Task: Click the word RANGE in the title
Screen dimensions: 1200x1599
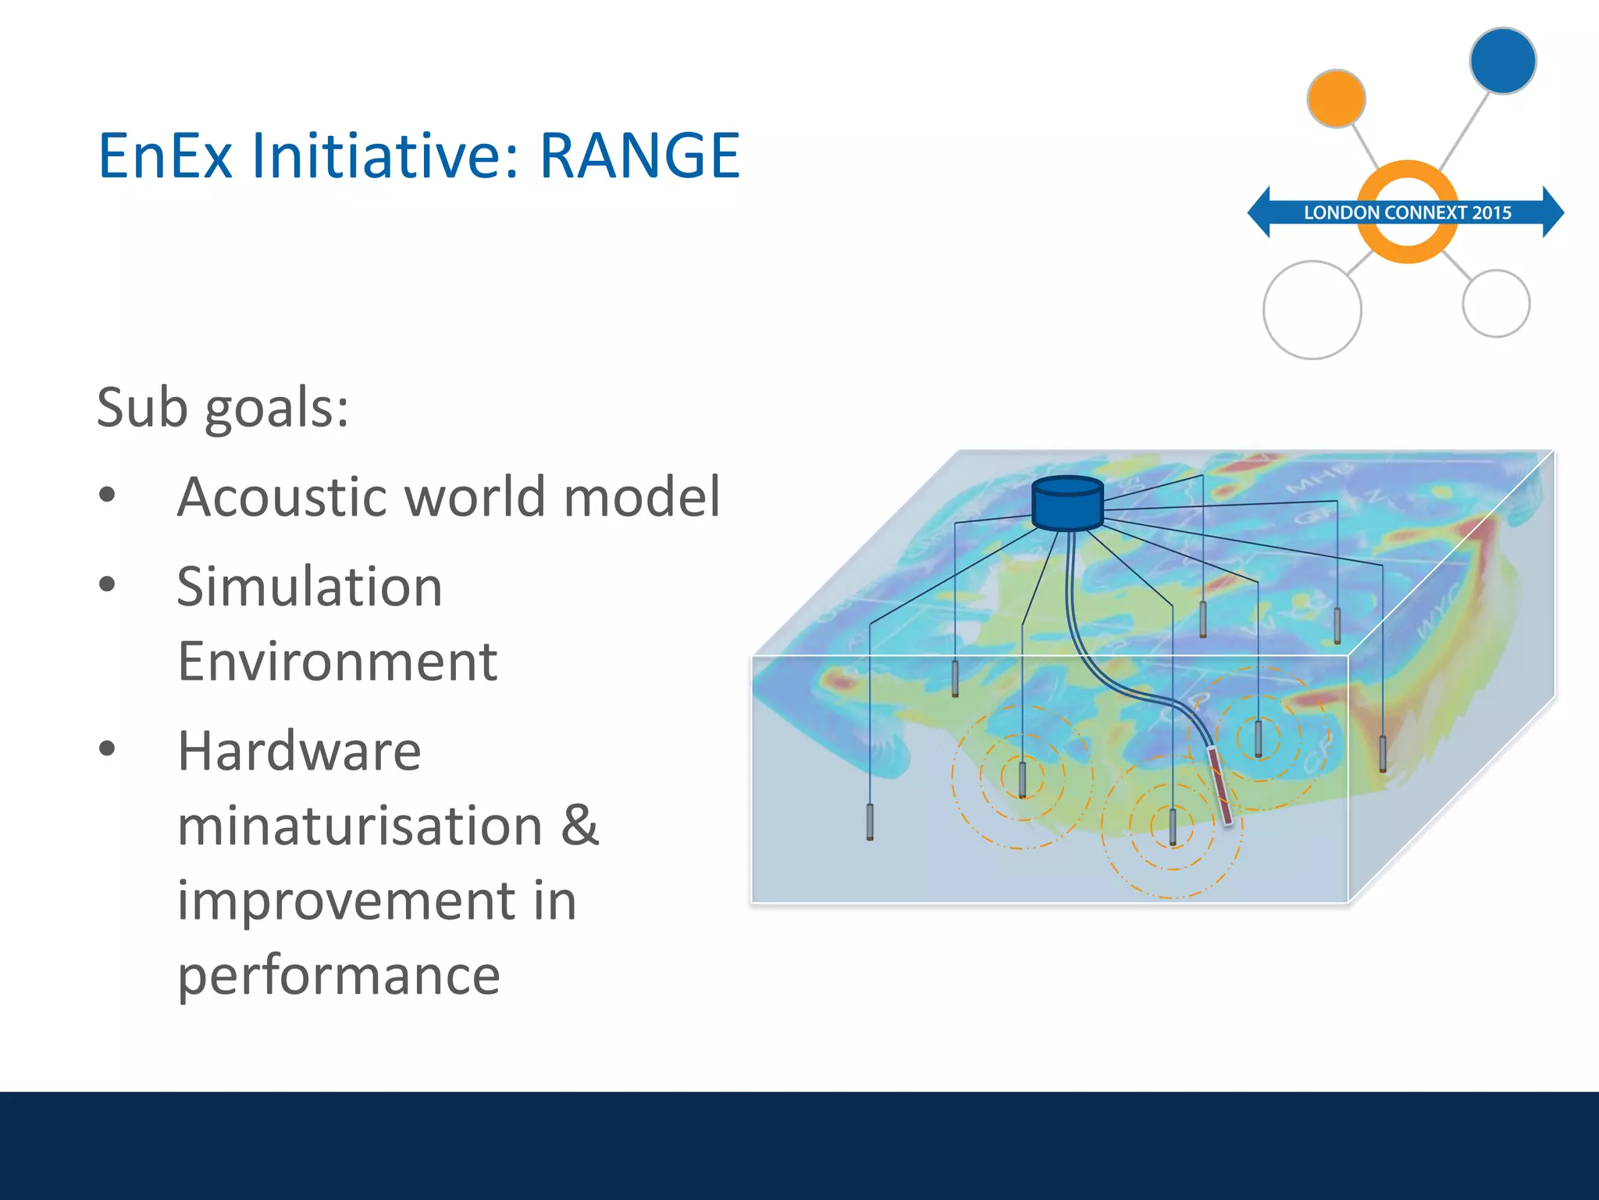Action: coord(639,156)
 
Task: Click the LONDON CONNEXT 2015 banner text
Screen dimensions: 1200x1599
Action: coord(1407,212)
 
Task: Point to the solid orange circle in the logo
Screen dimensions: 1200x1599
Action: coord(1336,98)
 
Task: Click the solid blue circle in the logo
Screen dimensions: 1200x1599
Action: coord(1502,61)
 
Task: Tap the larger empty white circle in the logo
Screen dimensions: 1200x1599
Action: coord(1312,310)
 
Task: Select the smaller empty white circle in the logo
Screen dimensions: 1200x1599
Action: coord(1495,303)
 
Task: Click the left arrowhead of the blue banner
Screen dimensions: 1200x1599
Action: coord(1259,212)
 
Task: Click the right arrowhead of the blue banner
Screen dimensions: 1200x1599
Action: coord(1554,212)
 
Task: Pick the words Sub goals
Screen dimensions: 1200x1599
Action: coord(223,408)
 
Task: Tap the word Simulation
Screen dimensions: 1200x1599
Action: coord(309,587)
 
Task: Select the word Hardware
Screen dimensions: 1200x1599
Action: coord(299,751)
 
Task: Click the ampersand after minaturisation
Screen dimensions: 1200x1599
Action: coord(579,825)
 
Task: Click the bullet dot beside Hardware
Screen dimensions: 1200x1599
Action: coord(108,749)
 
